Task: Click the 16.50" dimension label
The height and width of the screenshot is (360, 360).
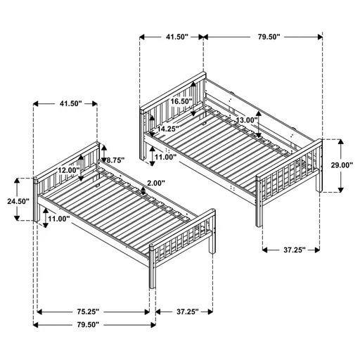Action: tap(181, 101)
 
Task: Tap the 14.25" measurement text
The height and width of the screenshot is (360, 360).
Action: tap(167, 129)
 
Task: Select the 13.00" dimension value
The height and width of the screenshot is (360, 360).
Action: tap(246, 120)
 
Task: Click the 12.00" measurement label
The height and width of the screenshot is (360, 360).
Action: tap(69, 170)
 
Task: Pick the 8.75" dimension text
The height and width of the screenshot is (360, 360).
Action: tap(113, 160)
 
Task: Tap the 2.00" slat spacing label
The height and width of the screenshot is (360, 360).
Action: tap(157, 184)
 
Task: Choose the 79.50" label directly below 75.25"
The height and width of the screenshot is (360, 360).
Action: tap(84, 325)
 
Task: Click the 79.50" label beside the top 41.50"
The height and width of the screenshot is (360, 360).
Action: tap(266, 36)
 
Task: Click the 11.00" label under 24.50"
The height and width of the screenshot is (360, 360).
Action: tap(58, 219)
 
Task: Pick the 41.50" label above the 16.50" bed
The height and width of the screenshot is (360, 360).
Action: tap(172, 36)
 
